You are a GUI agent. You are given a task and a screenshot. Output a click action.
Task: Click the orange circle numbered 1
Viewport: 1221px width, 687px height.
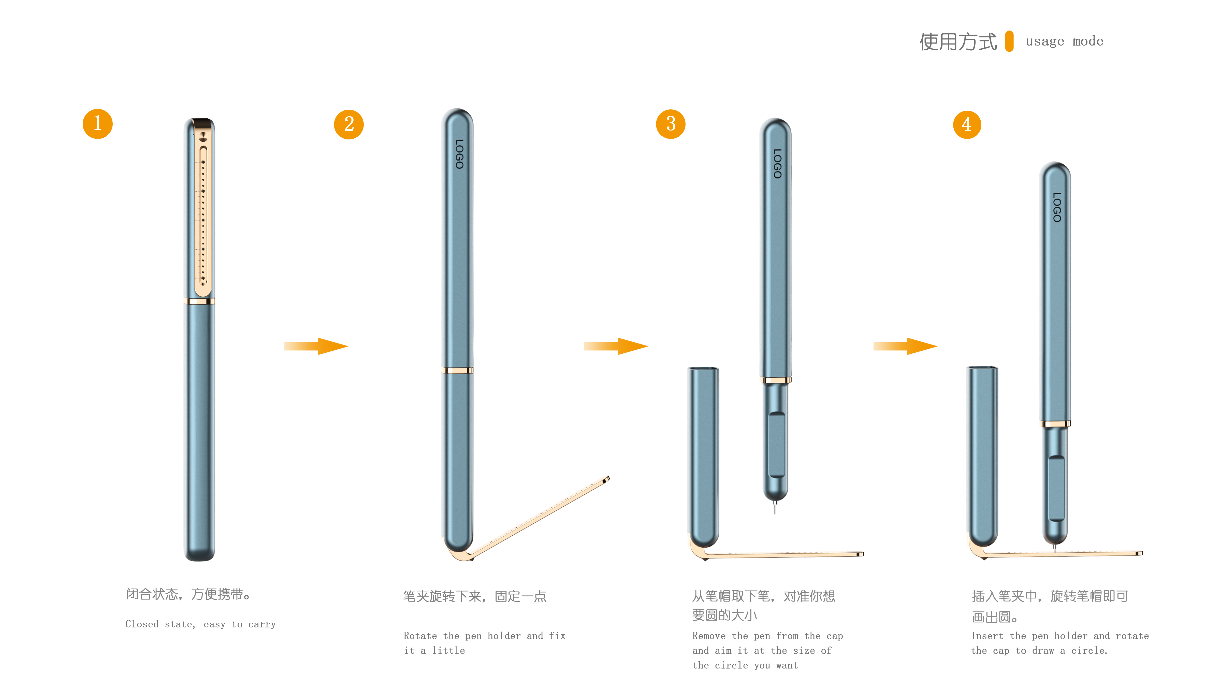click(98, 124)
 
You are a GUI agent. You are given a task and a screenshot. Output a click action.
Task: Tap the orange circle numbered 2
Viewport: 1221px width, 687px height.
click(349, 124)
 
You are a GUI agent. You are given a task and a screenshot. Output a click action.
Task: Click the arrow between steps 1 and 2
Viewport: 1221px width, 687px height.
click(317, 346)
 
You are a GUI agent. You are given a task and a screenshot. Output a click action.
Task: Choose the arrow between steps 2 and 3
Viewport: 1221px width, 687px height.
click(616, 346)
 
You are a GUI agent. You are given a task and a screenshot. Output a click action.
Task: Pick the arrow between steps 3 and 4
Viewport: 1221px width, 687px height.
click(905, 346)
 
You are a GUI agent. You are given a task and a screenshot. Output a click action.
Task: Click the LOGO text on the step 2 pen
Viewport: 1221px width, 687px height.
click(459, 154)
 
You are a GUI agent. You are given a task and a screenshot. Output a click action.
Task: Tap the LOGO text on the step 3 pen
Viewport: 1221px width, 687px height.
click(777, 164)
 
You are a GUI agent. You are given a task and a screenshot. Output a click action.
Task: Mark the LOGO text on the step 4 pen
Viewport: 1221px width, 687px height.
click(1056, 207)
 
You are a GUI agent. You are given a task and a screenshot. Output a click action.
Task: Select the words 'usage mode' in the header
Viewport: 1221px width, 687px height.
click(1064, 41)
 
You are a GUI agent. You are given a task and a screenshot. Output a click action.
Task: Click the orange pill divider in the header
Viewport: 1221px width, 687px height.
click(1010, 41)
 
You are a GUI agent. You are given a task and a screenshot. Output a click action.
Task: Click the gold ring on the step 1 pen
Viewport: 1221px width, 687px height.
click(199, 301)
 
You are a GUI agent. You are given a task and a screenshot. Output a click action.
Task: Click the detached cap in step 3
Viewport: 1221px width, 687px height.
click(704, 455)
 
